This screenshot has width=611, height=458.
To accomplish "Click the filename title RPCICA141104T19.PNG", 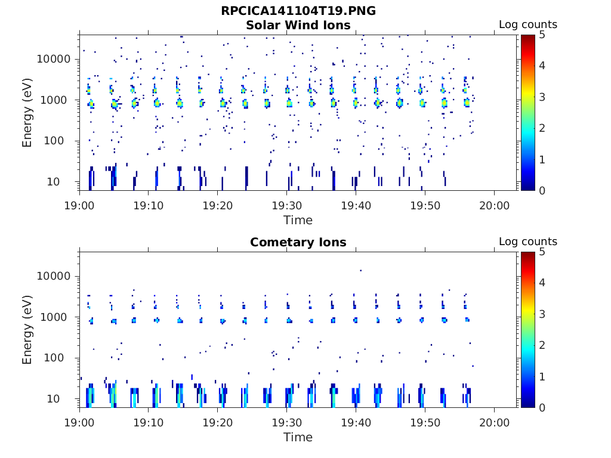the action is pos(298,11).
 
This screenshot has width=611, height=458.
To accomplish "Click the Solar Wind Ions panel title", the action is pos(298,25).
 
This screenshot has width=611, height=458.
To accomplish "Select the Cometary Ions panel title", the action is pos(298,242).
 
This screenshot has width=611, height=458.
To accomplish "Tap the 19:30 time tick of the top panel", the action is pos(287,206).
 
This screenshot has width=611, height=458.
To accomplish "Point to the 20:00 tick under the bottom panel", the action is pos(494,423).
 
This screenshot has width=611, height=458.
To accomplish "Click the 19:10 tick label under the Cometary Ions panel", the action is pos(149,423).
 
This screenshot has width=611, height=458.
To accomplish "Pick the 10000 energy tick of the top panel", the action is pos(54,59).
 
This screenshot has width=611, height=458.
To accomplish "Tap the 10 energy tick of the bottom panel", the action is pos(53,399).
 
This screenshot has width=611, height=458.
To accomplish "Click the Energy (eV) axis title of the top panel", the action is pos(27,113).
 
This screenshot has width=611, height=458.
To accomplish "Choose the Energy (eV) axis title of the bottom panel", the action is pos(27,330).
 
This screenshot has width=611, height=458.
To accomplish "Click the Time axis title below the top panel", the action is pos(298,221).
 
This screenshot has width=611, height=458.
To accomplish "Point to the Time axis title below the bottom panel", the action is pos(298,437).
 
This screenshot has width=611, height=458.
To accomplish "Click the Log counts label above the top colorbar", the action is pos(528,24).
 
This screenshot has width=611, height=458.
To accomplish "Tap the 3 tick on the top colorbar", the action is pos(542,97).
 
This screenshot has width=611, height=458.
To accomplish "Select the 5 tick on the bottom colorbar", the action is pos(542,252).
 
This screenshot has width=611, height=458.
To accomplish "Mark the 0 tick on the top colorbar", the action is pos(542,190).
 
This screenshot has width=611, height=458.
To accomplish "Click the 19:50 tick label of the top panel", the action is pos(425,206).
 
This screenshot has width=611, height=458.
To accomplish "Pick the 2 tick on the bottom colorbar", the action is pos(542,345).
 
